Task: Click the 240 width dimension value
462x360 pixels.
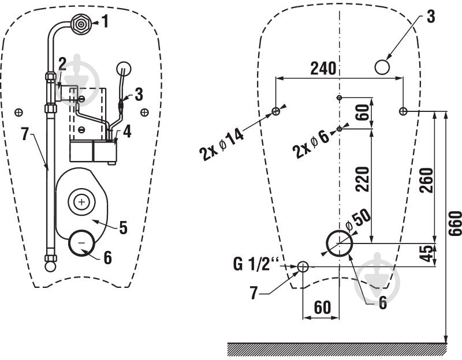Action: pyautogui.click(x=323, y=68)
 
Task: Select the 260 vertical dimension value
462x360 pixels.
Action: pyautogui.click(x=426, y=180)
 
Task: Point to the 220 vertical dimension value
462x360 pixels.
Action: pyautogui.click(x=362, y=179)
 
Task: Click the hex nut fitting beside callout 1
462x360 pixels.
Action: pyautogui.click(x=80, y=25)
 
